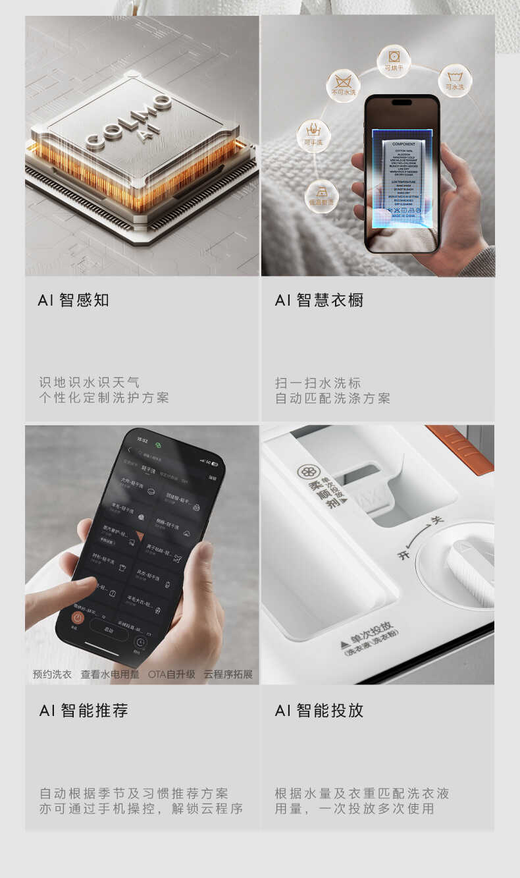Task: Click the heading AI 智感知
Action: [x=73, y=300]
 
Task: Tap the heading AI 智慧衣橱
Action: [x=319, y=300]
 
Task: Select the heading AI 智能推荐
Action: [x=83, y=711]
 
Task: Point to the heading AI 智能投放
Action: [x=319, y=711]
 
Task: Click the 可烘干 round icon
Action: [x=394, y=61]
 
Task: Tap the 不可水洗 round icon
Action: [x=343, y=86]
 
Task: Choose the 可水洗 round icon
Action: [x=455, y=80]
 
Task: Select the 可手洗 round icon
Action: [x=313, y=136]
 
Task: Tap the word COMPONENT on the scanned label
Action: [x=403, y=143]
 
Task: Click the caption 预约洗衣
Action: [x=52, y=674]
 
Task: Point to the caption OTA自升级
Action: [x=171, y=674]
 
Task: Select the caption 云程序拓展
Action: [x=228, y=674]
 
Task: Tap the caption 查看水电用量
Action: [x=110, y=674]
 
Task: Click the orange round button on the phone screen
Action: [x=77, y=620]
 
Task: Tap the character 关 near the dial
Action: [x=436, y=520]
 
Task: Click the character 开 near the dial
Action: [x=403, y=555]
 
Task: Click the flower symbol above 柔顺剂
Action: [x=306, y=472]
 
